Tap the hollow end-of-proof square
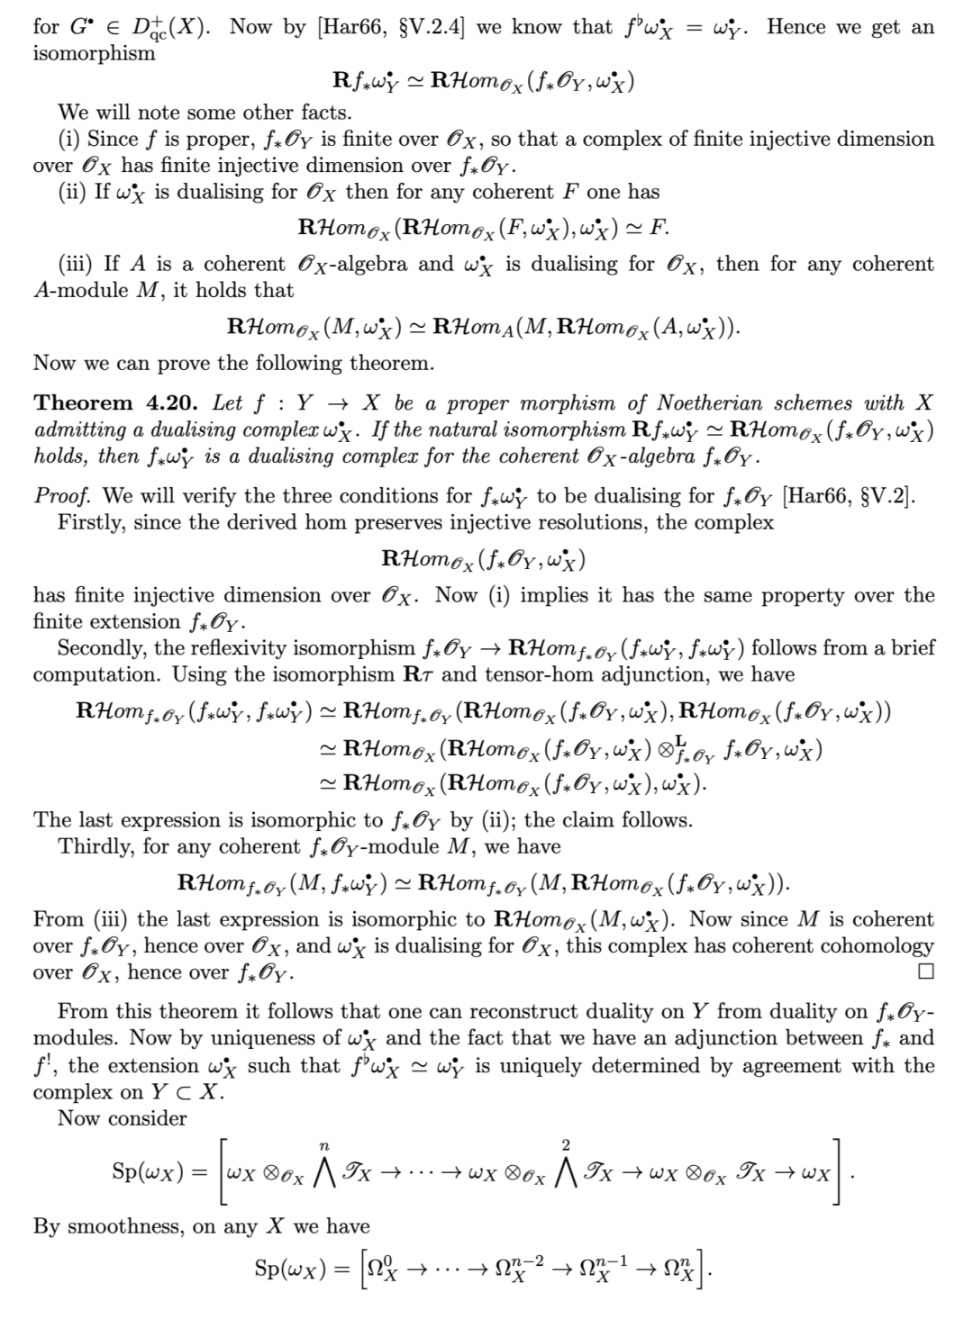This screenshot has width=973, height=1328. pyautogui.click(x=926, y=972)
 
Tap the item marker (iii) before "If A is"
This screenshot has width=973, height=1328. pyautogui.click(x=77, y=265)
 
